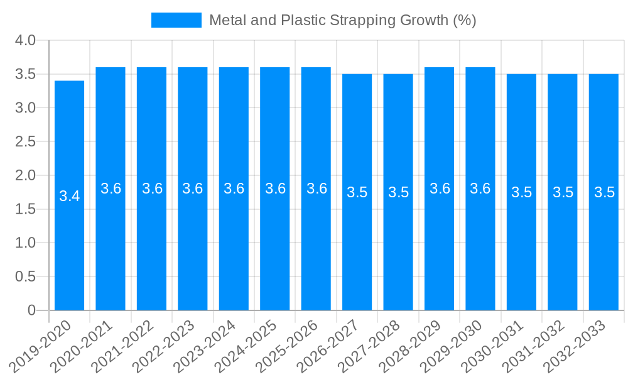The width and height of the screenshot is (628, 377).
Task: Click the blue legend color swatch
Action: click(x=176, y=20)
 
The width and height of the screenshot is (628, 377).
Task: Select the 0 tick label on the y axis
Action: click(x=32, y=310)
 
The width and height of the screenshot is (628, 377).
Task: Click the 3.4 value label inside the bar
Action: click(x=69, y=196)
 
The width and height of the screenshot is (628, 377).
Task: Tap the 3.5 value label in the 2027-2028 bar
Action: click(x=398, y=192)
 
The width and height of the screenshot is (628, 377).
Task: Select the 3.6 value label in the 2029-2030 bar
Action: click(x=480, y=188)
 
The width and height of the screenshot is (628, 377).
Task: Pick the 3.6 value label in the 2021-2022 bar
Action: click(x=152, y=188)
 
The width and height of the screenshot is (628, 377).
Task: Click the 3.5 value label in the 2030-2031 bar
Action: click(x=521, y=192)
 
